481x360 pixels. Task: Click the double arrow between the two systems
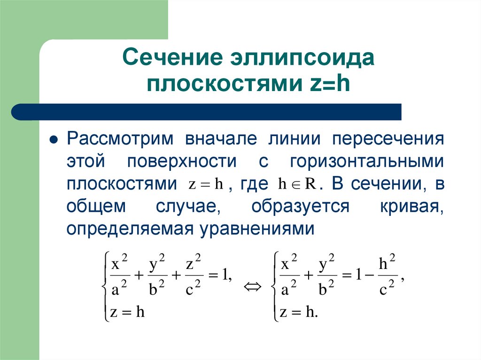click(x=252, y=286)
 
